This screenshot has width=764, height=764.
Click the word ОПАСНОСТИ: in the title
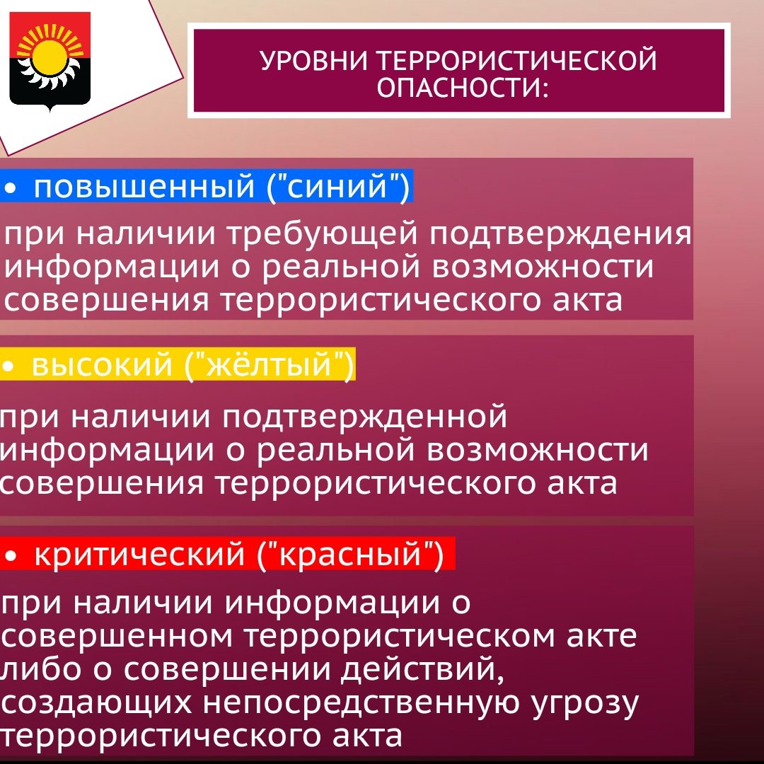pos(463,88)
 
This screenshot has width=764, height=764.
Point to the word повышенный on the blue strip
pos(144,187)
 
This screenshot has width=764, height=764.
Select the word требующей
pos(323,234)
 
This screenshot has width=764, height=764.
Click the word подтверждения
pos(560,234)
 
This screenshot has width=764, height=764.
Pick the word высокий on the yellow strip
pos(102,365)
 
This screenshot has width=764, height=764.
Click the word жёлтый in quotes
pos(269,364)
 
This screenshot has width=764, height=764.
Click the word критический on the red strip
pos(139,555)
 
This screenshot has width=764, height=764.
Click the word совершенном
pos(117,636)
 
